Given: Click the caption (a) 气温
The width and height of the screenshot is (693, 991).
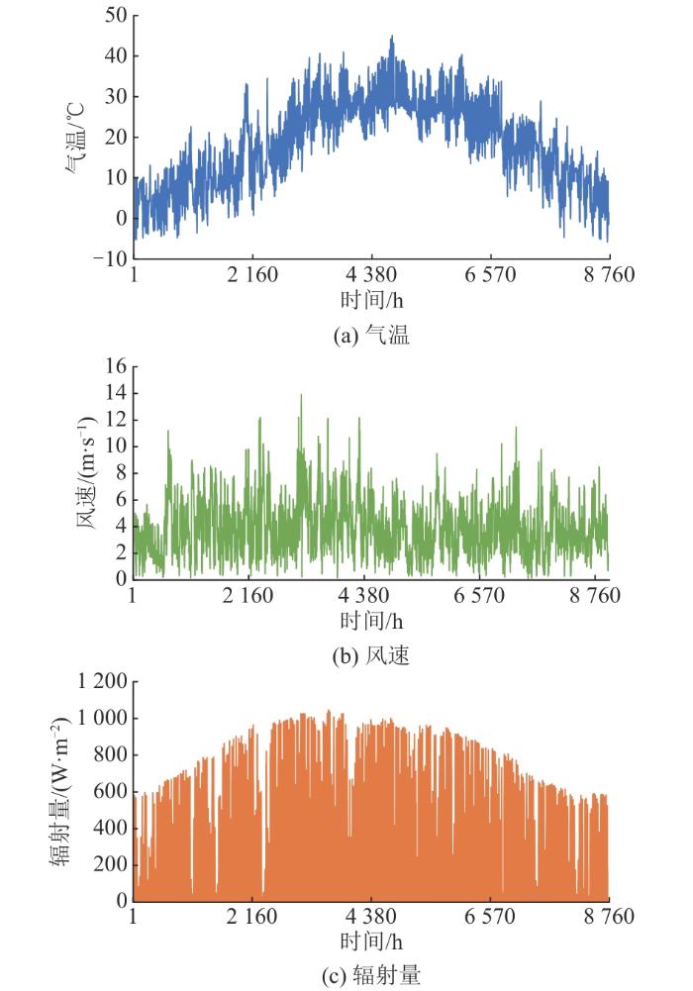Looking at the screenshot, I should point(372,337).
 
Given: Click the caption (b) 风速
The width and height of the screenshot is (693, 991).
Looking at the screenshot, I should point(372,655).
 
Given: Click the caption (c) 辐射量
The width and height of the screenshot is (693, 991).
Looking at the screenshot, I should point(372,975).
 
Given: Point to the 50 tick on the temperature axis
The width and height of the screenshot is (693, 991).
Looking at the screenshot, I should point(115,15).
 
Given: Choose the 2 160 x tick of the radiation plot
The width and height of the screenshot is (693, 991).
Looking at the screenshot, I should point(251,918).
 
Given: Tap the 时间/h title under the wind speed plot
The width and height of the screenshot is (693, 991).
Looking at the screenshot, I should point(372,621).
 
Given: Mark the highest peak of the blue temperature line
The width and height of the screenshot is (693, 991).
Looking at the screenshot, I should point(392,37).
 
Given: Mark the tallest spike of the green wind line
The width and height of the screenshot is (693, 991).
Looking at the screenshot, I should point(301,394).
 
